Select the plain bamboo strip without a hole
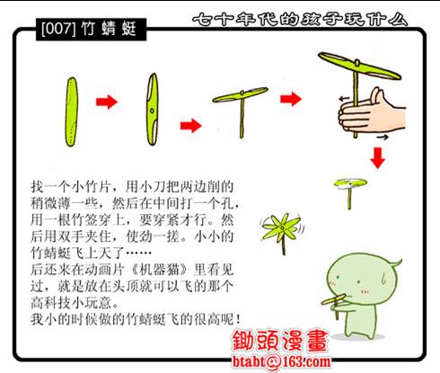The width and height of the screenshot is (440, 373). click(72, 108)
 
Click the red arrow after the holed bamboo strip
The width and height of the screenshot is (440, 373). click(189, 123)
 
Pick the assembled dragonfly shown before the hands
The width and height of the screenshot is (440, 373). click(239, 105)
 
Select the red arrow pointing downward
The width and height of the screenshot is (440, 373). click(378, 157)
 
